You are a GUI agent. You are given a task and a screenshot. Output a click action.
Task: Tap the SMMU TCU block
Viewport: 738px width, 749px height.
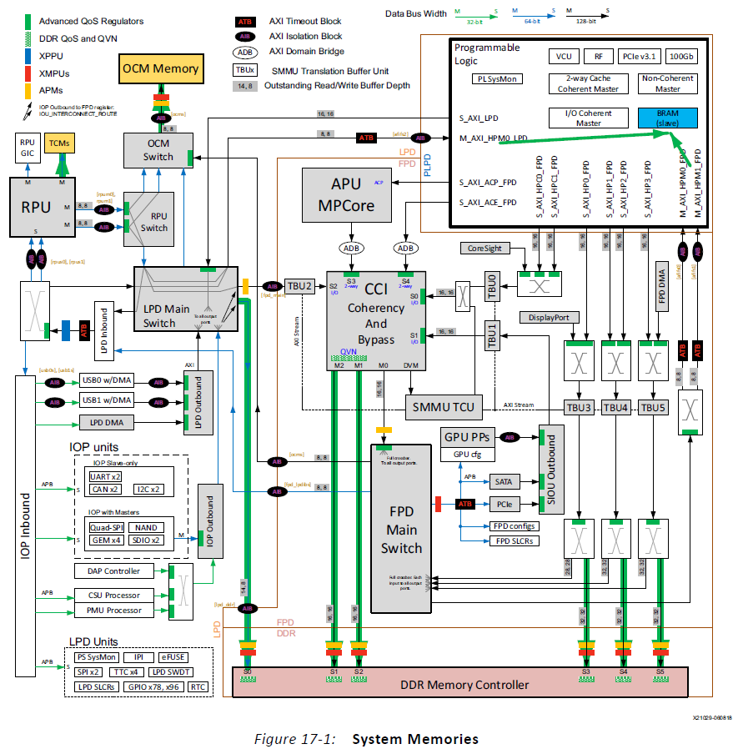(443, 408)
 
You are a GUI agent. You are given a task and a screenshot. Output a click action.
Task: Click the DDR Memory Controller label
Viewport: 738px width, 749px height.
(464, 685)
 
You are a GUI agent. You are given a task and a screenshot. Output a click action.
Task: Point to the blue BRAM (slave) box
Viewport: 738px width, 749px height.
(667, 117)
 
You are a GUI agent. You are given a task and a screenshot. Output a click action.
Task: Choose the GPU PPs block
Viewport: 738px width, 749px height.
(467, 437)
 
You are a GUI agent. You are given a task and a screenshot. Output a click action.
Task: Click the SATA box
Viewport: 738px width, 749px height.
(503, 482)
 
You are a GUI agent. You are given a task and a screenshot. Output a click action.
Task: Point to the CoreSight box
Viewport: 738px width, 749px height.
(484, 248)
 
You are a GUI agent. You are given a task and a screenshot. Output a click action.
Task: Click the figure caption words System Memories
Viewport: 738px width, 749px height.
(415, 739)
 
